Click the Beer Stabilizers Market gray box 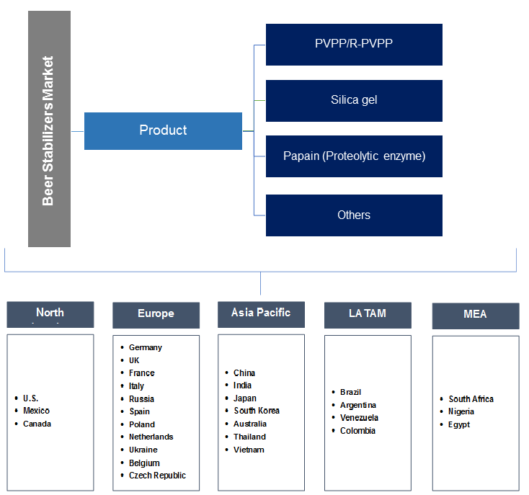pyautogui.click(x=49, y=129)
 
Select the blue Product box pyautogui.click(x=163, y=130)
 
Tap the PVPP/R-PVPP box pyautogui.click(x=354, y=44)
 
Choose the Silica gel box pyautogui.click(x=354, y=100)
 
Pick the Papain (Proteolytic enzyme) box pyautogui.click(x=354, y=156)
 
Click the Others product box pyautogui.click(x=354, y=215)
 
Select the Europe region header pyautogui.click(x=156, y=314)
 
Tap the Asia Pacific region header pyautogui.click(x=261, y=313)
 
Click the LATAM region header pyautogui.click(x=368, y=314)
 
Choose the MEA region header pyautogui.click(x=475, y=315)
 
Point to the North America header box pyautogui.click(x=50, y=313)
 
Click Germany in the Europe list pyautogui.click(x=146, y=347)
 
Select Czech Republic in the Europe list pyautogui.click(x=157, y=476)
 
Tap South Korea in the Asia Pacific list pyautogui.click(x=257, y=411)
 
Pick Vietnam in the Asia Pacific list pyautogui.click(x=249, y=450)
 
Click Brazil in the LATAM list pyautogui.click(x=350, y=392)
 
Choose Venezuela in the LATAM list pyautogui.click(x=359, y=418)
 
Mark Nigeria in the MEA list pyautogui.click(x=461, y=411)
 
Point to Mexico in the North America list pyautogui.click(x=36, y=411)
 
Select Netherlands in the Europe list pyautogui.click(x=151, y=437)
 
